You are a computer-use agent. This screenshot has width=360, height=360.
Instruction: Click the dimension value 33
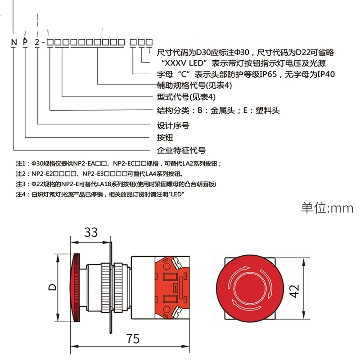[91, 232]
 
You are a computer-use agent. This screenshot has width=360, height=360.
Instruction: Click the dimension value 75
[133, 339]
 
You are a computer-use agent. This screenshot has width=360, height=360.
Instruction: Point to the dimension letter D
[53, 287]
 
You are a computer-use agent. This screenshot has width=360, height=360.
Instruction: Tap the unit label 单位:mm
[327, 208]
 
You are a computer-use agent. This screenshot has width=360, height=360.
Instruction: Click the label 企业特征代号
[181, 150]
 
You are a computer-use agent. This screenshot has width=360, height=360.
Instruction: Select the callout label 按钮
[165, 138]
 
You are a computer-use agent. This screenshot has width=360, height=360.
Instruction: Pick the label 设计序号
[173, 126]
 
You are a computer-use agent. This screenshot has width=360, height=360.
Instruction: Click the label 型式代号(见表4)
[186, 97]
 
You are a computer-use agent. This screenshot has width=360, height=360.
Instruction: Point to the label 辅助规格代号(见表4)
[194, 85]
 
